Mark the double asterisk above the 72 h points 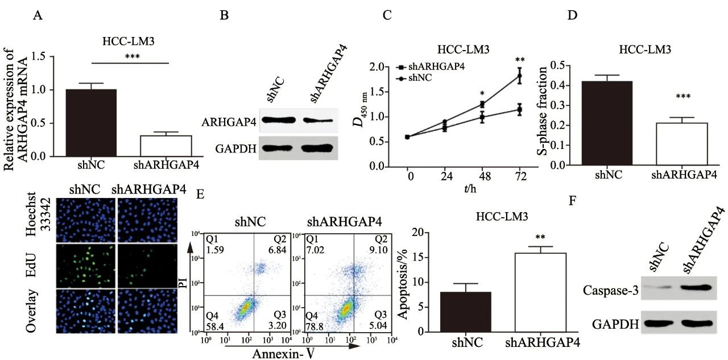coord(519,60)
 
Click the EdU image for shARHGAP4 coord(147,266)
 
